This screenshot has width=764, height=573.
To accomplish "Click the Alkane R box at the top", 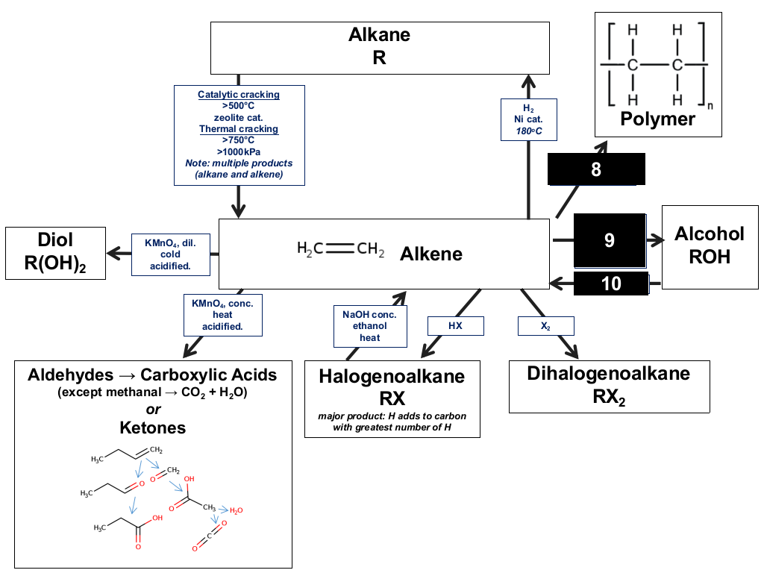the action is [380, 48].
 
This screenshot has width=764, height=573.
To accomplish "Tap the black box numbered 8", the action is [596, 169].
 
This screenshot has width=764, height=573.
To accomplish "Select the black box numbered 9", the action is [610, 241].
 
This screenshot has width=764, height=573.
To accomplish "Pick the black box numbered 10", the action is [611, 284].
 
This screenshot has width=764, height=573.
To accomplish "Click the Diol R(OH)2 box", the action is [55, 253].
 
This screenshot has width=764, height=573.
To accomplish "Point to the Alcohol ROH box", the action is [710, 247].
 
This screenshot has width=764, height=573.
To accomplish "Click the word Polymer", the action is [658, 119].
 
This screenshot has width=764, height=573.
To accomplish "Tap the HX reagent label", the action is [456, 325].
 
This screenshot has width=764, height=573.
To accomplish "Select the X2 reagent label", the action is [545, 326].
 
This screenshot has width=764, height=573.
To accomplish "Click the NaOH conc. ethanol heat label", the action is [370, 326].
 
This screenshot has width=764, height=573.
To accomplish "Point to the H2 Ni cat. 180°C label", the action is [529, 119].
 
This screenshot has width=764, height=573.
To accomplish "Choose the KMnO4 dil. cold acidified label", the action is [171, 254].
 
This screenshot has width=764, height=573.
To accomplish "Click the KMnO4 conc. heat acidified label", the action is [222, 315].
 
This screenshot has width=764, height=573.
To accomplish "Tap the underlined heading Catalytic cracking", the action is [239, 95].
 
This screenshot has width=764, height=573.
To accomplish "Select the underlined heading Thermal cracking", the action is [239, 129].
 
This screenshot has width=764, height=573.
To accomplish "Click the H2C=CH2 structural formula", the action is [340, 249].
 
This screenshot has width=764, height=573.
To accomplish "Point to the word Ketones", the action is [153, 428].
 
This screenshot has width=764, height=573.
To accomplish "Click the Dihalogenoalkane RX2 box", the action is [609, 386].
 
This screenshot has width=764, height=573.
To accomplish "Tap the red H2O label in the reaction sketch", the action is [237, 510].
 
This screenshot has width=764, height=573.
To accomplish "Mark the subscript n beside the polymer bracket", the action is [710, 106].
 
